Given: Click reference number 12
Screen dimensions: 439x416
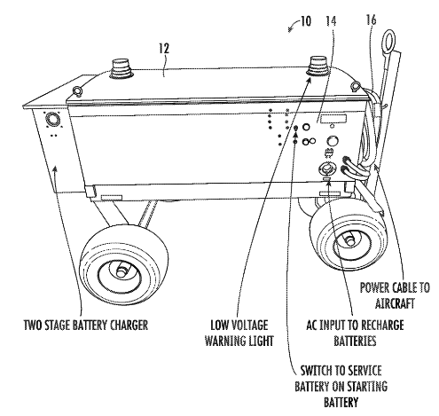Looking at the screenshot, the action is click(163, 49).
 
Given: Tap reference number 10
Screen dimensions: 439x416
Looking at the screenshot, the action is click(305, 21).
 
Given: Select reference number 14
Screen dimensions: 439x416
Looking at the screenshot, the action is click(331, 21).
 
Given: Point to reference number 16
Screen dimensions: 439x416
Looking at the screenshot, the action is click(371, 20).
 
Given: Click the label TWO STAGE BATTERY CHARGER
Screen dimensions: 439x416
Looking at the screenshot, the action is click(86, 325).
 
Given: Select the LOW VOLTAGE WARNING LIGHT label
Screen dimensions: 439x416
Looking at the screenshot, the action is click(239, 333).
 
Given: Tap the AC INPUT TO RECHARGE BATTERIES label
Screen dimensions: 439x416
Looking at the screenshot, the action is click(355, 333).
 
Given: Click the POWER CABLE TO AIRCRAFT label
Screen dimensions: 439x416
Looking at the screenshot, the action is click(395, 295).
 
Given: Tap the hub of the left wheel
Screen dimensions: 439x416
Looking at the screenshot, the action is click(122, 271).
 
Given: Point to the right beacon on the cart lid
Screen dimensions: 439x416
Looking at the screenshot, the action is click(318, 67).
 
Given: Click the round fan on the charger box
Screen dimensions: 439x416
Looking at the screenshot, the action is click(53, 120).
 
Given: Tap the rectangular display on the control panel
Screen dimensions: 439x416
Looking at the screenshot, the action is click(333, 120).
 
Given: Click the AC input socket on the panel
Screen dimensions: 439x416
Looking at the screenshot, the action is click(326, 169).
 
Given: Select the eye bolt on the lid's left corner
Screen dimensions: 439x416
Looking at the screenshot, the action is click(77, 90).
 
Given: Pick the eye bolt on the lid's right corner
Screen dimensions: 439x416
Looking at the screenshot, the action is click(355, 86).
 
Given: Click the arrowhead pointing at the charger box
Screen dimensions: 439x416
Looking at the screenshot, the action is click(54, 169).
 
